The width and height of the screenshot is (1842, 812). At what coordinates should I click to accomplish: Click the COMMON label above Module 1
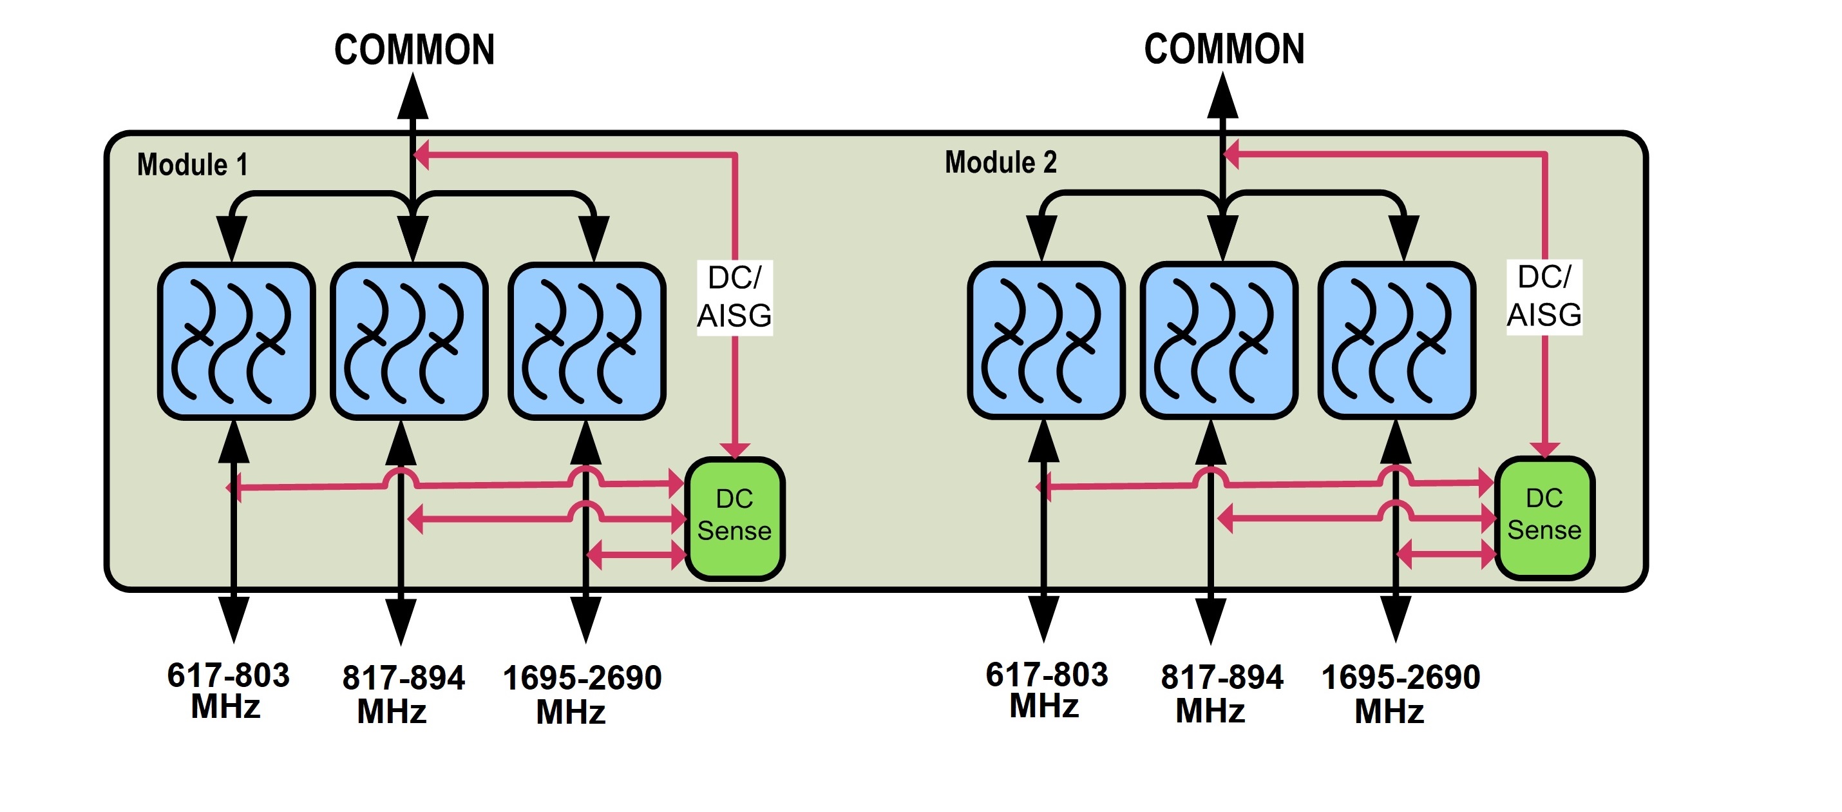(414, 50)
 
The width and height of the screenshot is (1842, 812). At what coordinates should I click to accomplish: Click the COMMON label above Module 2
(1224, 50)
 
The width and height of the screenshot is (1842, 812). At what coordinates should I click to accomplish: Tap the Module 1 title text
(193, 164)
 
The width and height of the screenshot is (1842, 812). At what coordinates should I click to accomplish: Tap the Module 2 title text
(1000, 162)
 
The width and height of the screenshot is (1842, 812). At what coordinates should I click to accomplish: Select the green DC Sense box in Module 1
(734, 518)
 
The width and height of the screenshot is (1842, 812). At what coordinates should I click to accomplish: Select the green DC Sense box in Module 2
(1544, 517)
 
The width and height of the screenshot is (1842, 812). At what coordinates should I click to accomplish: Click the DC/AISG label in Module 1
(734, 297)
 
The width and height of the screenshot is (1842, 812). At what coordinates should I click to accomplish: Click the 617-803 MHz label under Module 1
(228, 691)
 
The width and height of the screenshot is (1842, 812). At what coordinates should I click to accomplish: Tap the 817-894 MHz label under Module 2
(1221, 694)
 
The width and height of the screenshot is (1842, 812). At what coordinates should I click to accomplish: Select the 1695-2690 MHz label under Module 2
(1400, 694)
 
